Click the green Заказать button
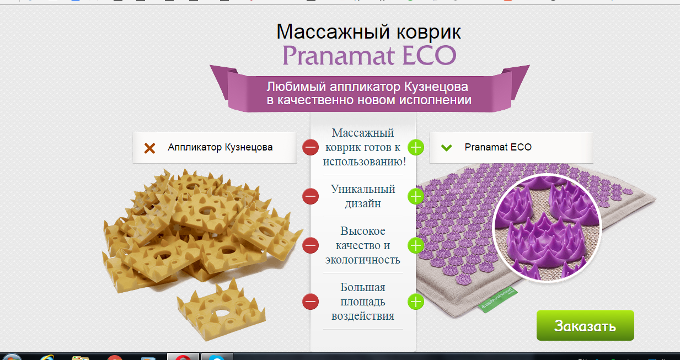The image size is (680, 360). click(x=585, y=325)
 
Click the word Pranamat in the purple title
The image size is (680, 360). click(x=338, y=55)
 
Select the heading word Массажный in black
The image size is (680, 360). click(x=333, y=32)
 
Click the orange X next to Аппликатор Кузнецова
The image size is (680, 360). click(x=149, y=148)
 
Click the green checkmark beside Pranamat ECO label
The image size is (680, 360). click(x=447, y=148)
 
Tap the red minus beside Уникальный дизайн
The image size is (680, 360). click(x=310, y=196)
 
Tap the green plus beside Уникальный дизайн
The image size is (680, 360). click(x=416, y=196)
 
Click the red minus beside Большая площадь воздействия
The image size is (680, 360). click(x=310, y=302)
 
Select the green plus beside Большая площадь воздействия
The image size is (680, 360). click(x=416, y=302)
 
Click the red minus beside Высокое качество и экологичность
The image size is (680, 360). click(x=310, y=245)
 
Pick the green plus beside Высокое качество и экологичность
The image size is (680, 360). click(x=416, y=245)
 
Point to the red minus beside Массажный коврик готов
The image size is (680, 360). click(x=310, y=148)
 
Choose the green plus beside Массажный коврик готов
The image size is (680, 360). click(x=416, y=148)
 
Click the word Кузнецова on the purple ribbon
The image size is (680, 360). click(x=436, y=87)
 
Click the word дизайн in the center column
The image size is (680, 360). click(x=363, y=203)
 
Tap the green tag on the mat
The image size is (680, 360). click(x=495, y=299)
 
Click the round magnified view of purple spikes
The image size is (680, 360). click(x=547, y=228)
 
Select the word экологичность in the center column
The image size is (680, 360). click(x=363, y=260)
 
